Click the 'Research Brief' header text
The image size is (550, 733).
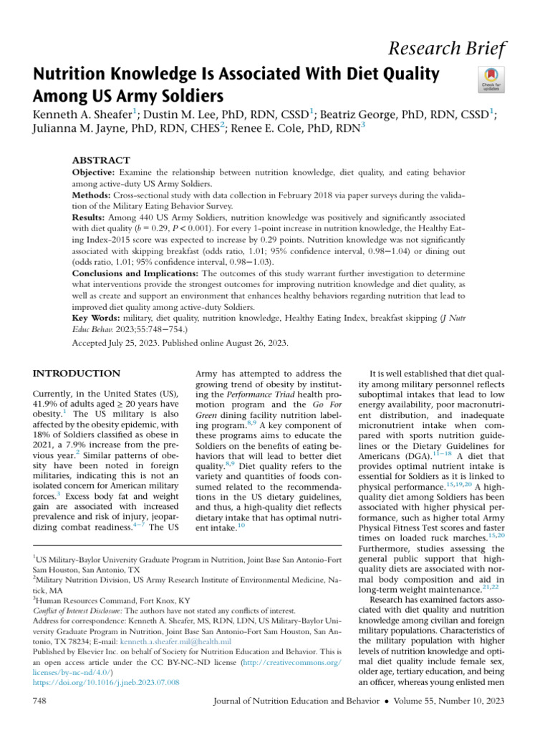click(x=458, y=49)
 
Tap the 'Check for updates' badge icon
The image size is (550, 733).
click(x=490, y=79)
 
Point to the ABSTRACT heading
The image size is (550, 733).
click(x=102, y=160)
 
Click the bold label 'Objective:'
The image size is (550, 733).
click(x=96, y=174)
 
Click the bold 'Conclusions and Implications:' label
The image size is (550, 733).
click(x=136, y=273)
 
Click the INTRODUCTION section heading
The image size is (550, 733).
click(x=77, y=374)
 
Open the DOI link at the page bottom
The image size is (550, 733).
click(x=107, y=683)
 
